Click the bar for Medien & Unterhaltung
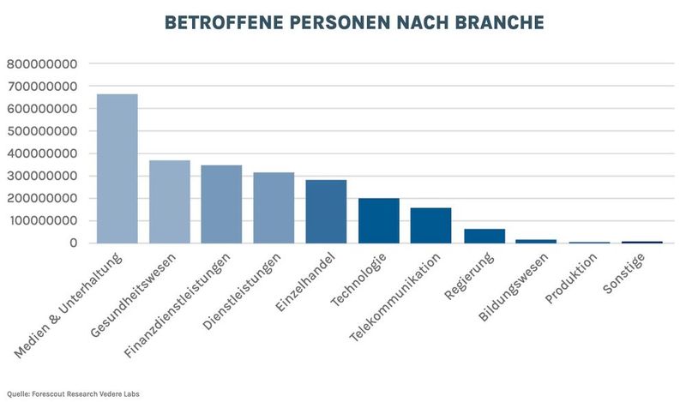coord(117,169)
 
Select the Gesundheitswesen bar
coord(170,202)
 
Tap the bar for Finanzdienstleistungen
coord(221,204)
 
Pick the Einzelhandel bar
coord(326,212)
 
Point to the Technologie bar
coord(378,221)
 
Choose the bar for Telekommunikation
coord(430,225)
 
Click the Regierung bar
coord(484,236)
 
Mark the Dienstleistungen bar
coord(274,207)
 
